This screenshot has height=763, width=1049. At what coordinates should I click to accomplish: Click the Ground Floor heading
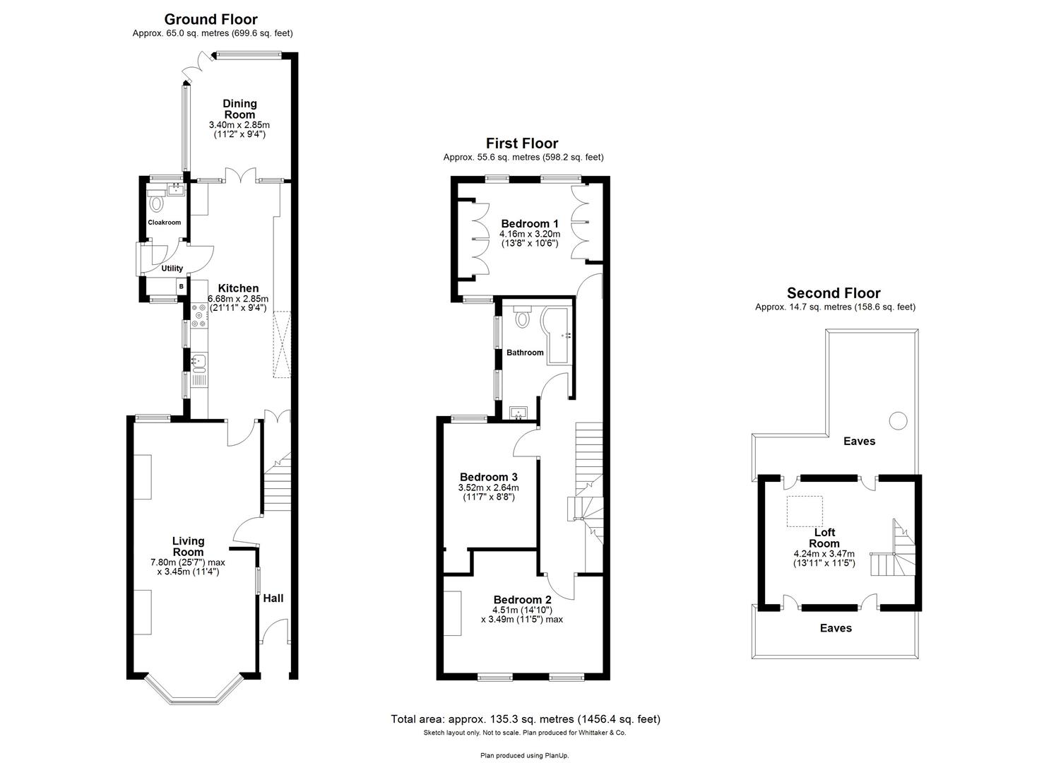tap(211, 19)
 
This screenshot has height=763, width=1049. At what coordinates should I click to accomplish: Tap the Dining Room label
tap(239, 109)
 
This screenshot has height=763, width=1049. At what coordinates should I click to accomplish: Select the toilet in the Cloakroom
tap(156, 204)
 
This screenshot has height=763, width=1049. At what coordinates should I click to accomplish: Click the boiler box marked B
tap(182, 286)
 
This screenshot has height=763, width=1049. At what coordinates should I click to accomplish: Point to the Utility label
tap(172, 268)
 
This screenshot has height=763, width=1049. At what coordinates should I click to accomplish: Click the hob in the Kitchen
tap(198, 316)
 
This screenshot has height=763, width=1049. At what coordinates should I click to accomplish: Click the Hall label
tap(273, 598)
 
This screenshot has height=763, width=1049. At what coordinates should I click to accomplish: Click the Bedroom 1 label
tap(529, 223)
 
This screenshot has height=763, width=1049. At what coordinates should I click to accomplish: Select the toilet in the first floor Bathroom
tap(522, 319)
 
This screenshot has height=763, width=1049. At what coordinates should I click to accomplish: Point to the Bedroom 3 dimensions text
tap(489, 492)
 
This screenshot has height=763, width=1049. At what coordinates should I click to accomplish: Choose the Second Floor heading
tap(834, 293)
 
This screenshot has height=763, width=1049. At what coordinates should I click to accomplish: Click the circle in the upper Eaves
tap(897, 420)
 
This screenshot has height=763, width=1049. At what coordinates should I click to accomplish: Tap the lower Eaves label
tap(836, 628)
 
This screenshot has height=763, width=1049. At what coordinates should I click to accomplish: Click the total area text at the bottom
tap(526, 719)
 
